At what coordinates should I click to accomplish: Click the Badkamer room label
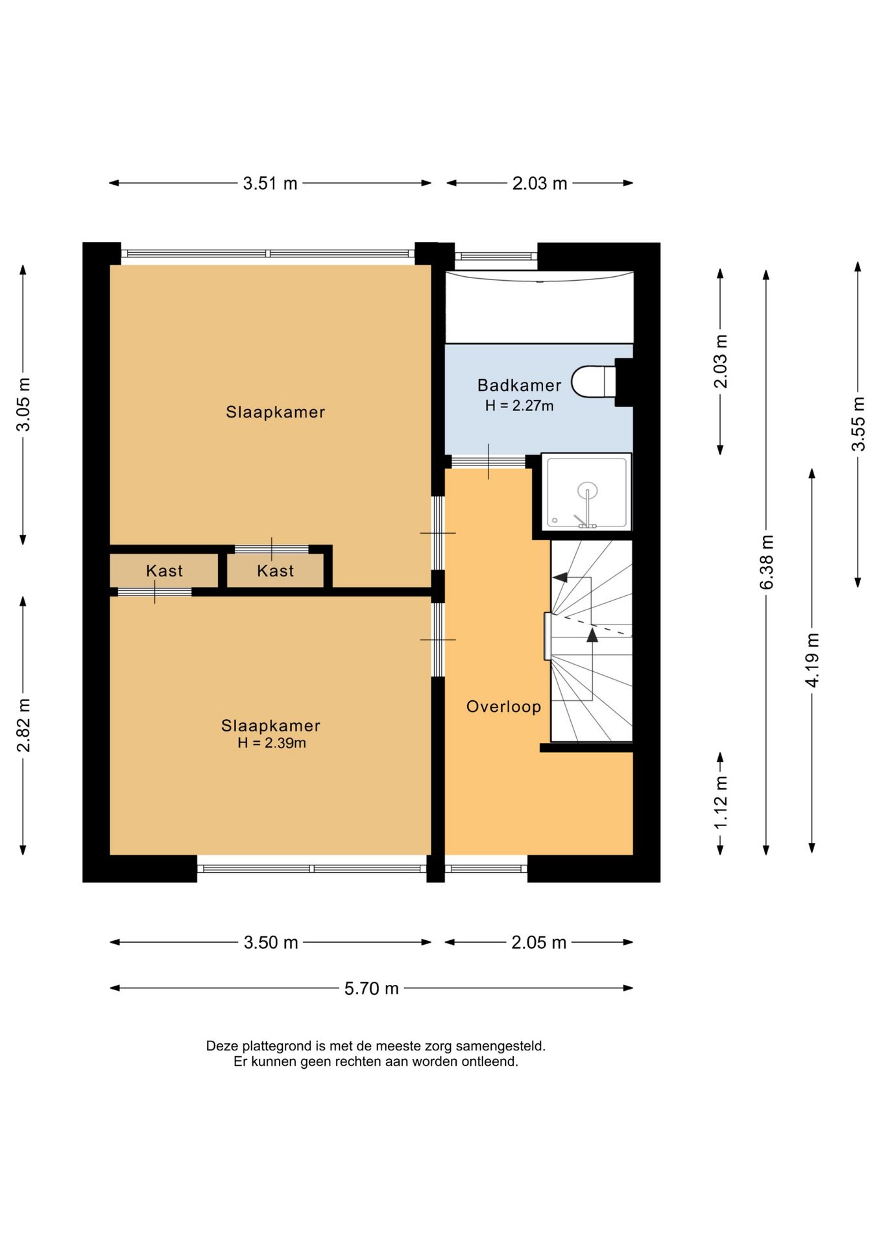[x=519, y=385]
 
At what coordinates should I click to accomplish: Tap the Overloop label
[x=503, y=707]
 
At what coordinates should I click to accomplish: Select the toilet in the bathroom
[x=594, y=382]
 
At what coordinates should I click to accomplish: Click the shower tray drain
[x=588, y=490]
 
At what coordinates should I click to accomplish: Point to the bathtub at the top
[x=538, y=307]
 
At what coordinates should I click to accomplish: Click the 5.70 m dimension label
[x=371, y=988]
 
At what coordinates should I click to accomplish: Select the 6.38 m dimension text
[x=766, y=562]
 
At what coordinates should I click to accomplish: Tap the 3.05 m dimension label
[x=23, y=404]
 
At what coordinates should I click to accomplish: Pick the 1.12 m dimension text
[x=720, y=802]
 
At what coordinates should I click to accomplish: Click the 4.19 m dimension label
[x=812, y=660]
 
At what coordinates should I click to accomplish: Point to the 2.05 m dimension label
[x=538, y=942]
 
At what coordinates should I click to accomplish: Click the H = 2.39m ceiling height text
[x=271, y=743]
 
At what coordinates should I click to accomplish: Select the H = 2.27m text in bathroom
[x=519, y=406]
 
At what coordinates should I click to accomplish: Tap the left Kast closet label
[x=164, y=571]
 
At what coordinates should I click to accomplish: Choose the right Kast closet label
[x=275, y=571]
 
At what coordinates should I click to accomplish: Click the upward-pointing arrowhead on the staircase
[x=592, y=635]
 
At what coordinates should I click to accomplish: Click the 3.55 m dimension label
[x=858, y=424]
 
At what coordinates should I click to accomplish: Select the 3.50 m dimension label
[x=271, y=942]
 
